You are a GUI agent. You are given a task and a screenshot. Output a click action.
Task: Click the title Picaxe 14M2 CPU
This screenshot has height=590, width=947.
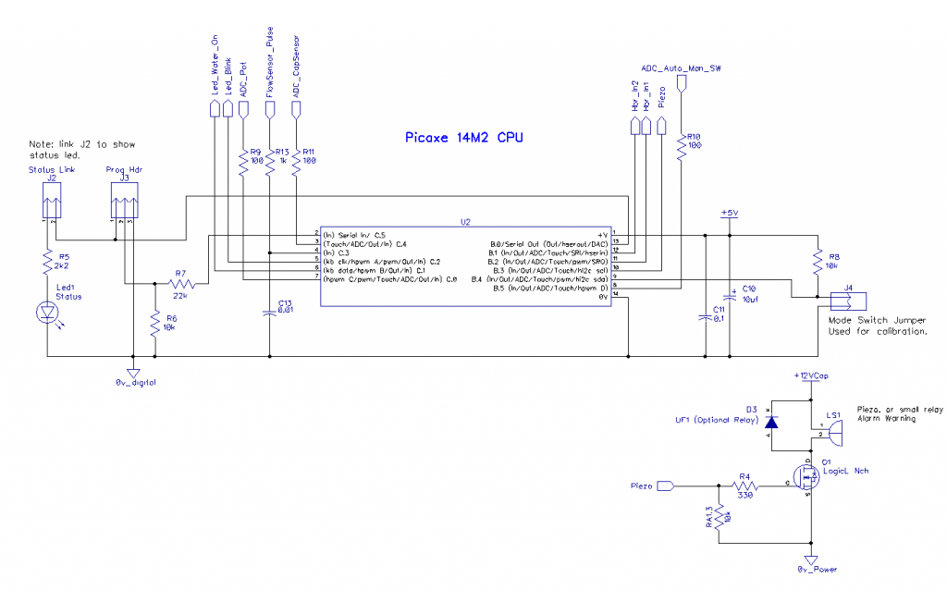point(463,138)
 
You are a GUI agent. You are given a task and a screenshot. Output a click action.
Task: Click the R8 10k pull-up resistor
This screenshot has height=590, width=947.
point(818,263)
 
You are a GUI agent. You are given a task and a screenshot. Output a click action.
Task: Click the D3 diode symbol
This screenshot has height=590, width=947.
point(771,423)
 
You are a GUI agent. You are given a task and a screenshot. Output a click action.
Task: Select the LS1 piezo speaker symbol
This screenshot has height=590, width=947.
point(832,430)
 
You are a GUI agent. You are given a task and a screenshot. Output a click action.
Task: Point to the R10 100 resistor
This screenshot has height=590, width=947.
point(682,144)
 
